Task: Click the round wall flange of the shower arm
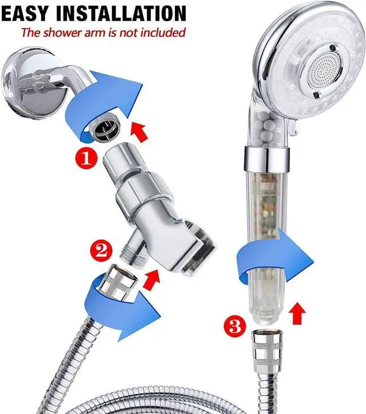coord(23,80)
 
